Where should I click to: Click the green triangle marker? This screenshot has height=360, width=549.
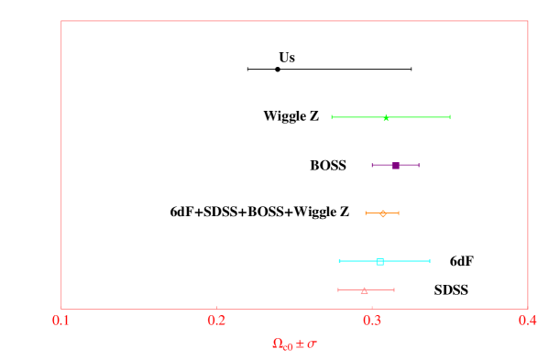[386, 117]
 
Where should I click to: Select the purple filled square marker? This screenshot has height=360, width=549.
[395, 166]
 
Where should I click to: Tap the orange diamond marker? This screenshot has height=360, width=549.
[383, 213]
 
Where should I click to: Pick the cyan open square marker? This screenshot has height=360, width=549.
[379, 261]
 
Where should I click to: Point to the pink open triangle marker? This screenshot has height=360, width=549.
[364, 290]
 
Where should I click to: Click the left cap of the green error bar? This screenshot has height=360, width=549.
[332, 117]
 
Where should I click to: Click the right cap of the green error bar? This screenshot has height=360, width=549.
[450, 117]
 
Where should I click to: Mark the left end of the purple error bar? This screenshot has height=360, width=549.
[372, 166]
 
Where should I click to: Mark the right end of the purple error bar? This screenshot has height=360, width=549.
[419, 166]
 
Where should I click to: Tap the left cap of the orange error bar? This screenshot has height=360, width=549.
[366, 213]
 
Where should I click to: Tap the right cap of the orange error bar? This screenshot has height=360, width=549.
[399, 213]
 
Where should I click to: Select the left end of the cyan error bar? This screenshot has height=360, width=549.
[339, 261]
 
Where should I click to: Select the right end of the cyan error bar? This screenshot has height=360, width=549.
[430, 261]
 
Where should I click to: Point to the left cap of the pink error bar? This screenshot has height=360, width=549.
[338, 290]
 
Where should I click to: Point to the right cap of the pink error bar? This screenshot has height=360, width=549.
[394, 290]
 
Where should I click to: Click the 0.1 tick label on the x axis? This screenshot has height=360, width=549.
[61, 321]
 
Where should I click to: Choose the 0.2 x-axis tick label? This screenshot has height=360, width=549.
[216, 321]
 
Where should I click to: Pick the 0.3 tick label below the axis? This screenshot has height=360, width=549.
[372, 321]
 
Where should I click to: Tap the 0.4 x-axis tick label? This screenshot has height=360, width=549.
[527, 321]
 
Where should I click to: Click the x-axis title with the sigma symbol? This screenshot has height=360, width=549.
[294, 344]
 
